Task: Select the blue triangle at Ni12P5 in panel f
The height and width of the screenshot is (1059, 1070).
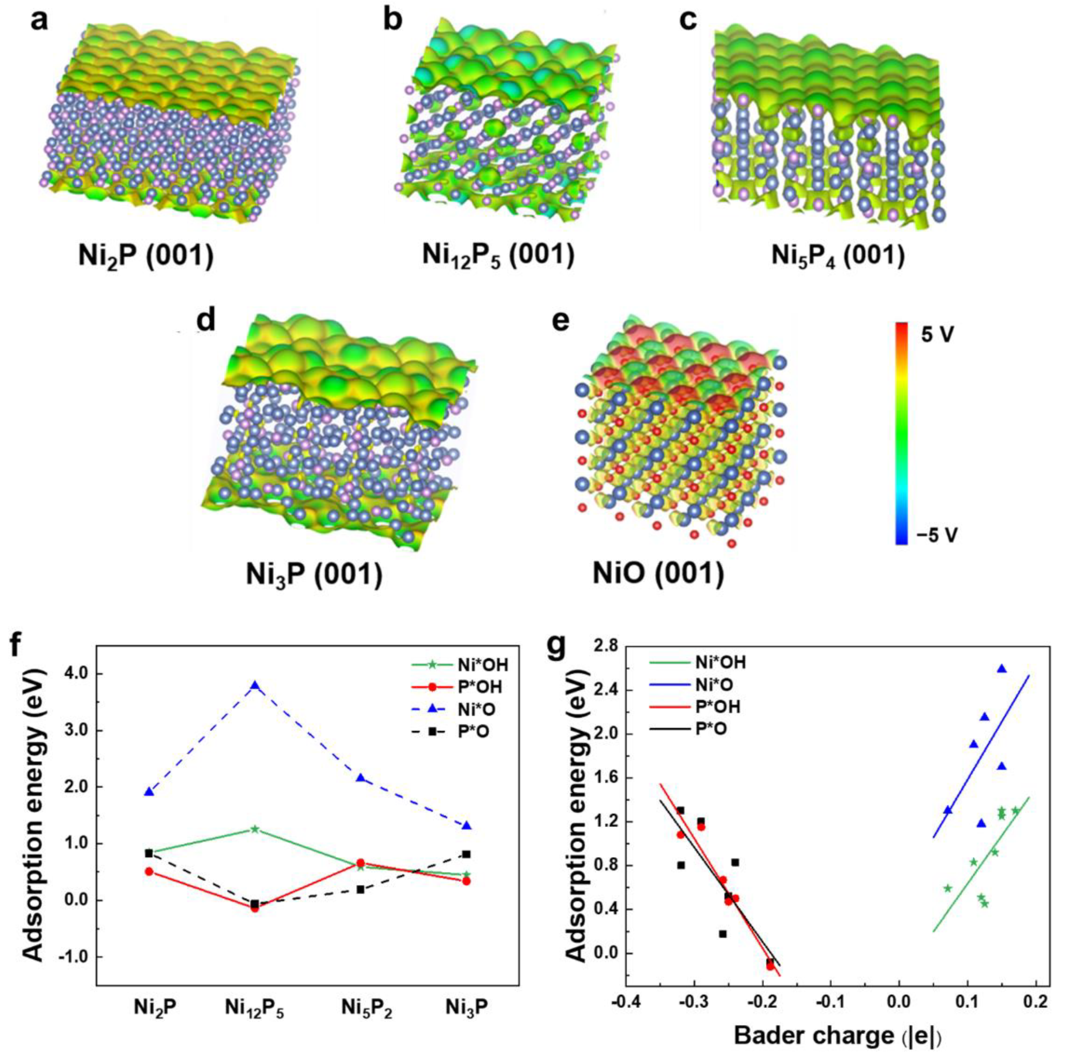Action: click(x=255, y=685)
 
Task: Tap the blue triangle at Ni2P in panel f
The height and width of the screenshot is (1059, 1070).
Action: click(x=148, y=791)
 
